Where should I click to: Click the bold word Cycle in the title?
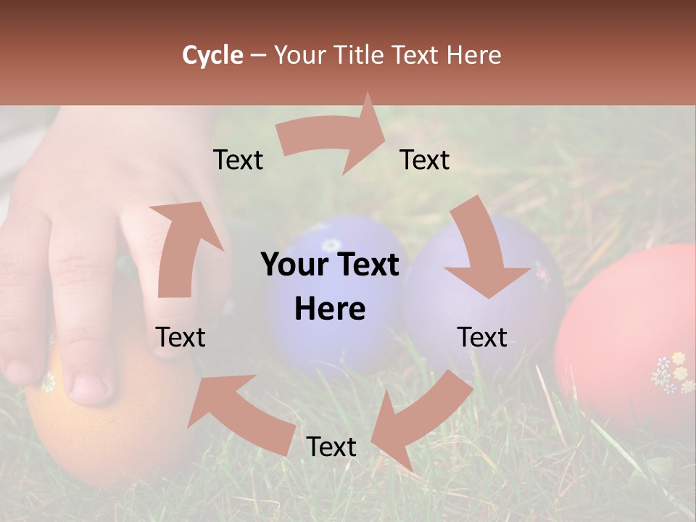click(212, 55)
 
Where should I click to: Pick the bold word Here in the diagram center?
click(330, 310)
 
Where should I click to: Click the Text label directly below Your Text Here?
click(331, 447)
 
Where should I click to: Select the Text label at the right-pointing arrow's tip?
click(425, 160)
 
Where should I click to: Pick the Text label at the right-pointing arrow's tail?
click(238, 160)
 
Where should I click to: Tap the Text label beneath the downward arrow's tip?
click(482, 337)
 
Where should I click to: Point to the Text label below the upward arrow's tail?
click(181, 337)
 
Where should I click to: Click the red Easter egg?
click(631, 333)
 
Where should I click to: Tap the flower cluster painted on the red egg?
click(673, 372)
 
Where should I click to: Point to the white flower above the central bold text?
click(331, 244)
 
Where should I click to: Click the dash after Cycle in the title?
click(258, 55)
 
